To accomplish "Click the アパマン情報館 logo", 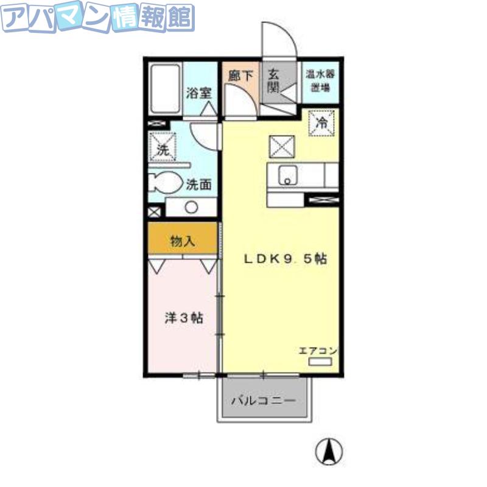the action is click(97, 18).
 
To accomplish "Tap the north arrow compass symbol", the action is click(329, 452).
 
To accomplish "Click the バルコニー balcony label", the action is click(264, 401).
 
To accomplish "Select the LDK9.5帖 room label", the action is click(286, 259).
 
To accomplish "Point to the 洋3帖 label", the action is click(184, 318).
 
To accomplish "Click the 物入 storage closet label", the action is click(183, 240).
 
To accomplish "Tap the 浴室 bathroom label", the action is click(199, 93).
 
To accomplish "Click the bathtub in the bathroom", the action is click(165, 89).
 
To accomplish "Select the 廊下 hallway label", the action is click(240, 76).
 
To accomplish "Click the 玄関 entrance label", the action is click(273, 82).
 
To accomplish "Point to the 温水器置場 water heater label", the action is click(320, 81).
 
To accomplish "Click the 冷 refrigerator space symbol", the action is click(321, 123).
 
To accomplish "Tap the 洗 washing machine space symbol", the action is click(163, 147).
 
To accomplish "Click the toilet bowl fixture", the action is click(164, 182).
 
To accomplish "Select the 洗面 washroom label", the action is click(199, 185).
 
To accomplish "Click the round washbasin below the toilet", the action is click(191, 207).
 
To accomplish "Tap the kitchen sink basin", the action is click(287, 175).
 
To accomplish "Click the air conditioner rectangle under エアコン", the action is click(320, 362).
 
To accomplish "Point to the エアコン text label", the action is click(318, 351).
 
